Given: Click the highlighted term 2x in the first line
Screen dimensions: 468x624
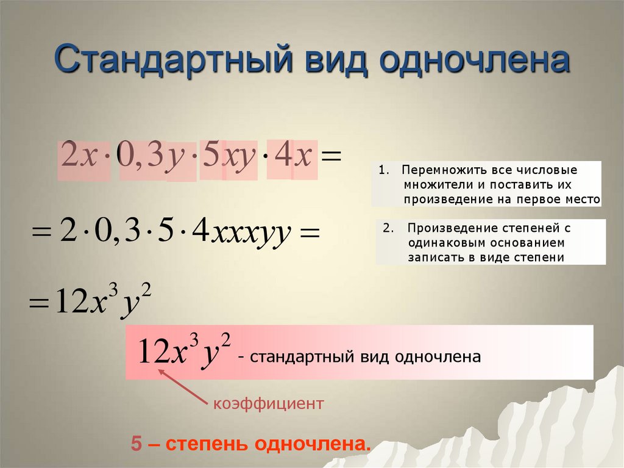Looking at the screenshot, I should pos(79,158).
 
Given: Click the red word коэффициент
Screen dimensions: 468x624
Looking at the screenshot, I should pos(266,403).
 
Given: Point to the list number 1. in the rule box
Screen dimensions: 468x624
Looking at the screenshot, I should pos(383,170).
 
